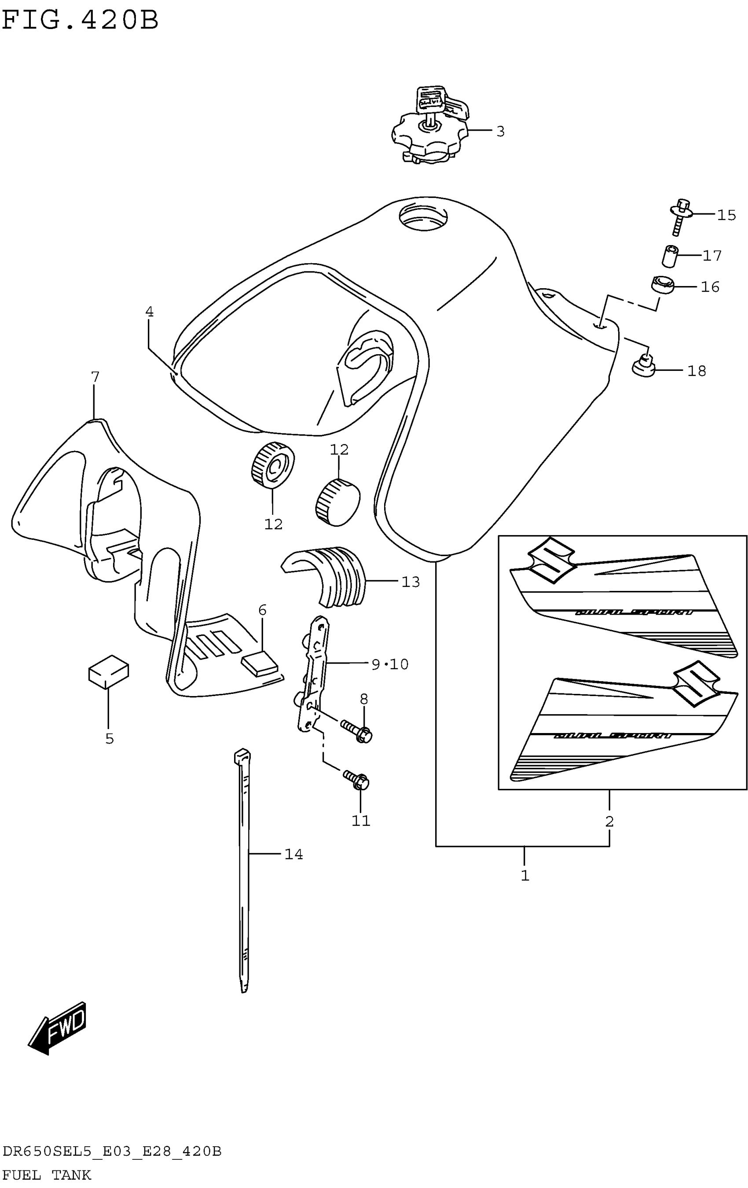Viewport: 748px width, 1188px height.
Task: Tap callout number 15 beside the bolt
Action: pos(726,215)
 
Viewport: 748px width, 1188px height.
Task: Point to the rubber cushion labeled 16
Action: pos(661,285)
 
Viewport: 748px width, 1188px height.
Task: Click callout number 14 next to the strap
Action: pos(293,854)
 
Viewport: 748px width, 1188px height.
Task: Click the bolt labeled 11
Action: pos(357,780)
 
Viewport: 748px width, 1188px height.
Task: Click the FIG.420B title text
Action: pos(80,21)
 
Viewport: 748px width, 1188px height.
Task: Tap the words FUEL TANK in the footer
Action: pos(47,1175)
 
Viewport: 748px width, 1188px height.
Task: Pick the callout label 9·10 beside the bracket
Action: pos(390,664)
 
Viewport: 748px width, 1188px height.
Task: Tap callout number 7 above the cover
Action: pos(95,377)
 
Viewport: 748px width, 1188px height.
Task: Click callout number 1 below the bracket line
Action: pos(525,876)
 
